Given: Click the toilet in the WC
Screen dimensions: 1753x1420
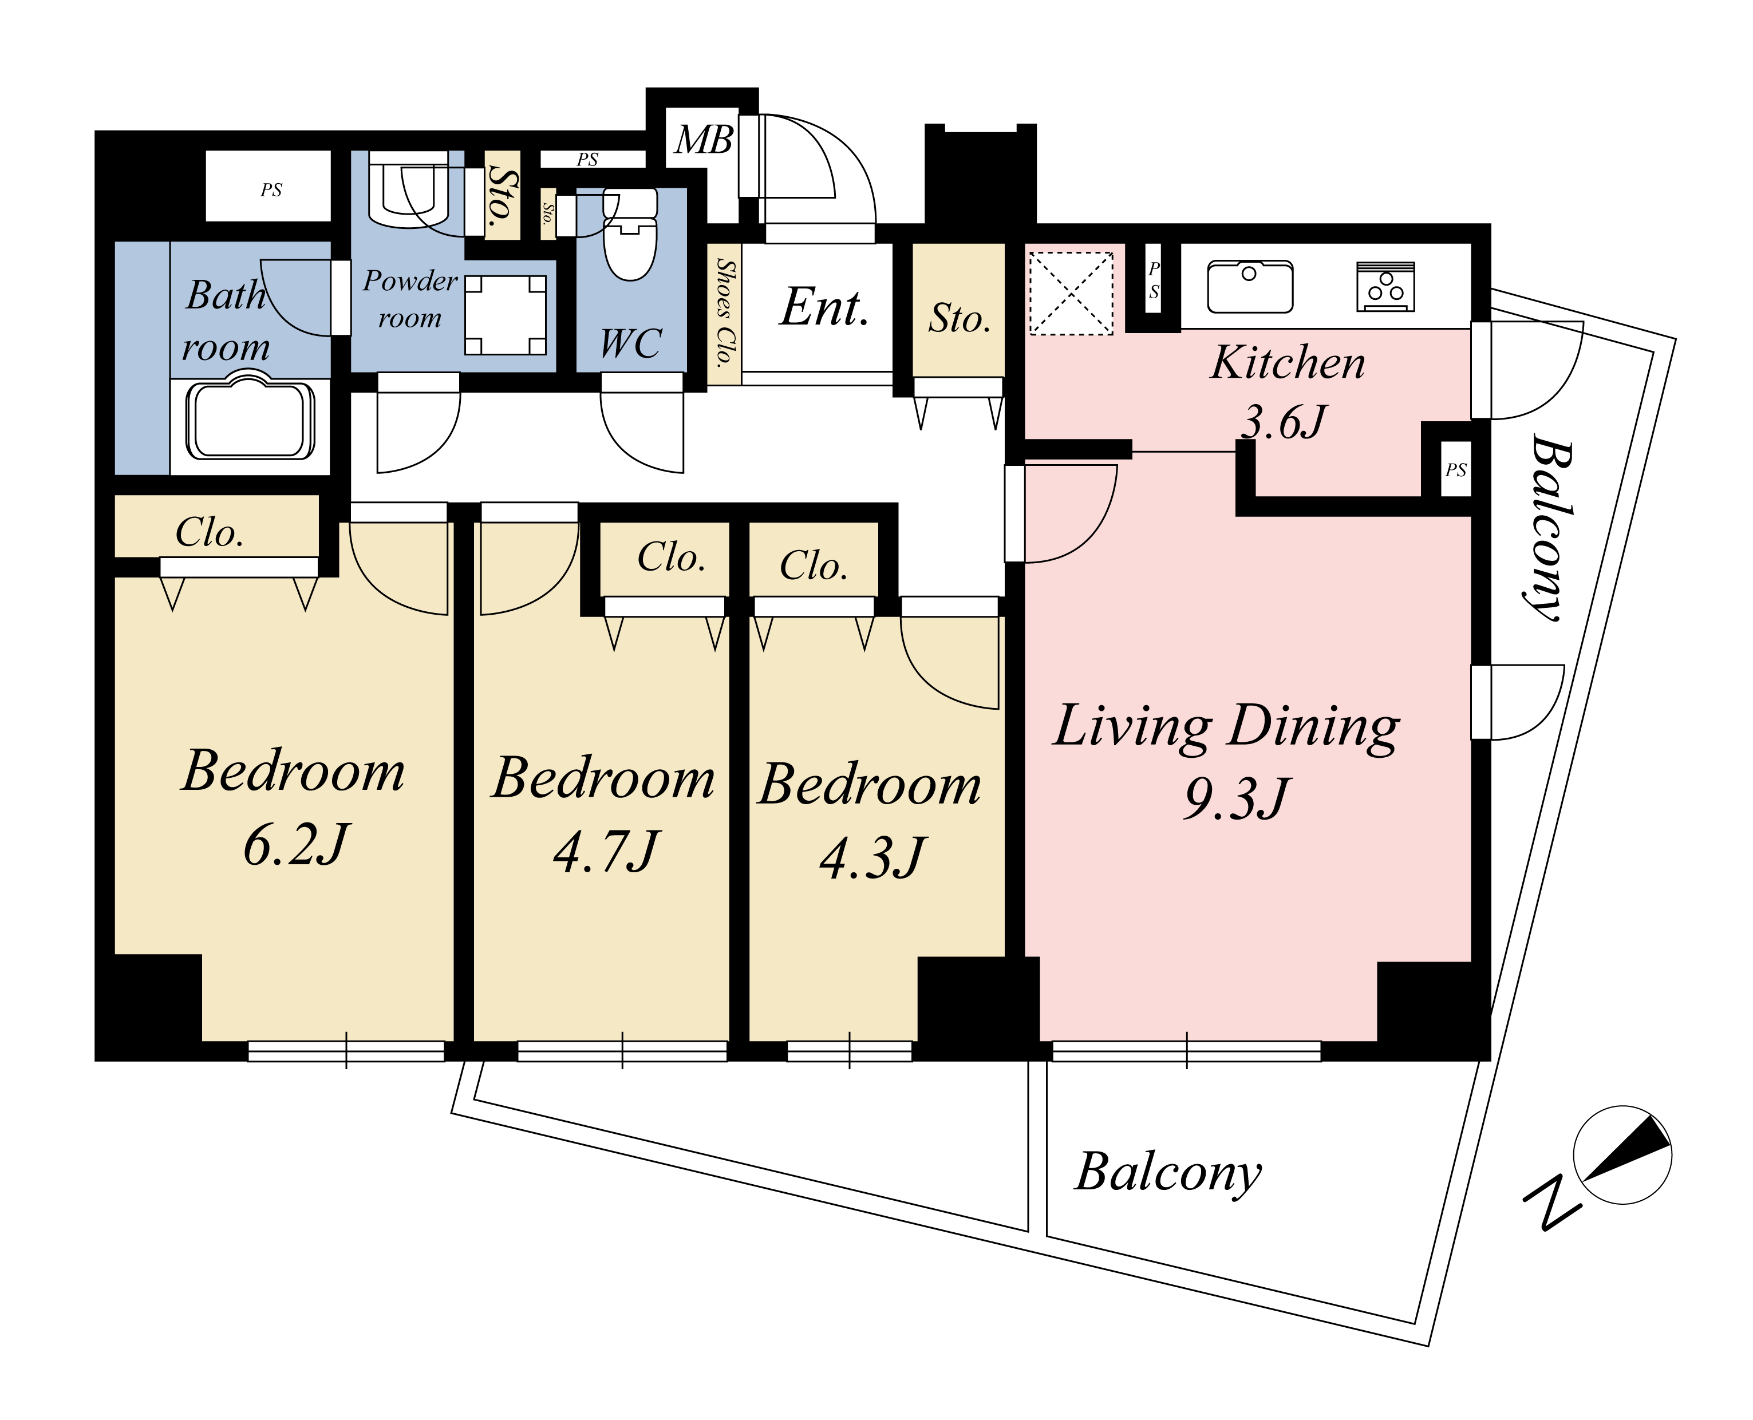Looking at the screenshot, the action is click(x=630, y=234).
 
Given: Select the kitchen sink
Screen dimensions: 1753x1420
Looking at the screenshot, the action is click(x=1250, y=286).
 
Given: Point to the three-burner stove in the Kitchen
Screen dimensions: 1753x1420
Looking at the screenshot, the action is click(x=1385, y=286).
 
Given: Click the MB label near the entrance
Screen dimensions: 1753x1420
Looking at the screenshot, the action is click(x=704, y=140).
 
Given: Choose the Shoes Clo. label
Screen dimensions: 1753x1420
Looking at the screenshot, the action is click(x=725, y=313).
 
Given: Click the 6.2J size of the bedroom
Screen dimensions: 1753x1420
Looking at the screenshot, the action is click(x=296, y=844).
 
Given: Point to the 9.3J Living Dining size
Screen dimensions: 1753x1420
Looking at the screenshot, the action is click(x=1237, y=797).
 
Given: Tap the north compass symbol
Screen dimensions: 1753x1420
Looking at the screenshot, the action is click(x=1622, y=1155).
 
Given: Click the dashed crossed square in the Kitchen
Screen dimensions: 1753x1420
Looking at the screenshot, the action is click(x=1071, y=293).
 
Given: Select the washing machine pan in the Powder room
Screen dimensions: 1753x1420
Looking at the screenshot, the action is click(x=506, y=315).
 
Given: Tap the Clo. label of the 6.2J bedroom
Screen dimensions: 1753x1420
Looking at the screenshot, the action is click(x=210, y=532).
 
